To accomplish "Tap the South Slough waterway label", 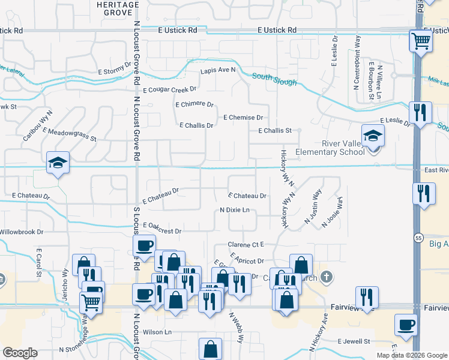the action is pos(274,79).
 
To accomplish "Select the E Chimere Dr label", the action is pos(194,104).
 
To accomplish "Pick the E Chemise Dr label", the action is pos(244,118).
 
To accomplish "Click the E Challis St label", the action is pos(274,130).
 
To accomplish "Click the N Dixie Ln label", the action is pos(234,210).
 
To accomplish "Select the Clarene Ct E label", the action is pos(246,245).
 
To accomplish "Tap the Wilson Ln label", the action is pos(157,332).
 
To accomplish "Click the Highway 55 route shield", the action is pos(417,239).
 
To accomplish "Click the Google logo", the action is pos(20,353).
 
